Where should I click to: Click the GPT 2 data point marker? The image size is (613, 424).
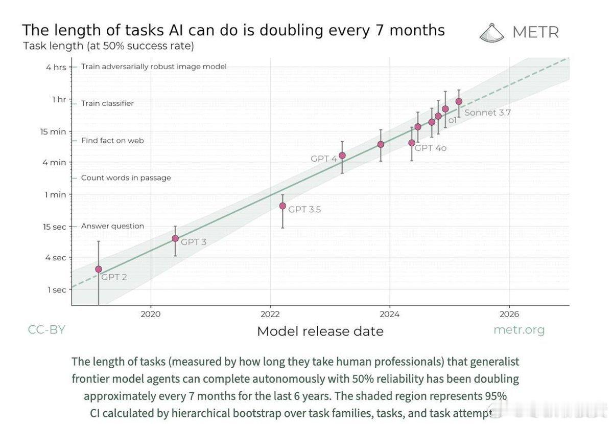click(x=99, y=269)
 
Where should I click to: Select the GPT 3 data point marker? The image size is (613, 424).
click(x=175, y=238)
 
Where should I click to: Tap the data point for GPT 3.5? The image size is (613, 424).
click(x=282, y=206)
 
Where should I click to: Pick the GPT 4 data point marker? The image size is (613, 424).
click(x=342, y=155)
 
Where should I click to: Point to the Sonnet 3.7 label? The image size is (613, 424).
click(x=487, y=113)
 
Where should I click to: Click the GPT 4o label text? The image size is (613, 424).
click(x=430, y=148)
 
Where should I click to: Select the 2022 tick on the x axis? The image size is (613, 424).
click(x=270, y=314)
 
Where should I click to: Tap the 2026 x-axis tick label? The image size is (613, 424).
click(x=509, y=314)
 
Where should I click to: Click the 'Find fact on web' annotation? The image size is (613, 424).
click(x=112, y=140)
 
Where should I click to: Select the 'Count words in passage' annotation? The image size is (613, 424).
click(x=126, y=177)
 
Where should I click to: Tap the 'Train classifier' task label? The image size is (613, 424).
click(x=107, y=103)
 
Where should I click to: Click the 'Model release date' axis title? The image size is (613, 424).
click(x=320, y=331)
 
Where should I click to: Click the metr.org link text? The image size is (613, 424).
click(x=519, y=330)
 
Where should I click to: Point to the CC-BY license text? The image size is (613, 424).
click(x=46, y=330)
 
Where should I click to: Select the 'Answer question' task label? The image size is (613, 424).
click(x=112, y=226)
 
